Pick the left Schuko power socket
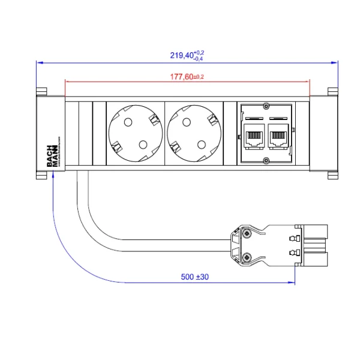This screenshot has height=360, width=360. click(x=135, y=133)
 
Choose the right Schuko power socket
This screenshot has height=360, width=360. click(x=194, y=133)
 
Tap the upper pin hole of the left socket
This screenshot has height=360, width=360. click(x=127, y=122)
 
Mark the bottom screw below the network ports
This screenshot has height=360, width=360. click(x=266, y=160)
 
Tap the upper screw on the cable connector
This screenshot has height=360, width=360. click(x=247, y=232)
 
